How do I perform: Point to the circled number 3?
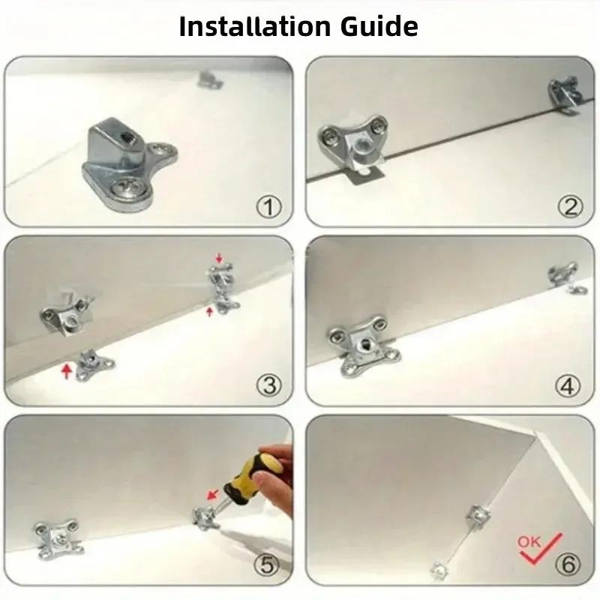pos(268,385)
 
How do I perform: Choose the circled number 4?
pos(568,385)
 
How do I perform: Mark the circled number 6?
pos(568,563)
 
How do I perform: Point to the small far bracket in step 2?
pos(565,94)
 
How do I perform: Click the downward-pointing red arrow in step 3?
pos(219,259)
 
